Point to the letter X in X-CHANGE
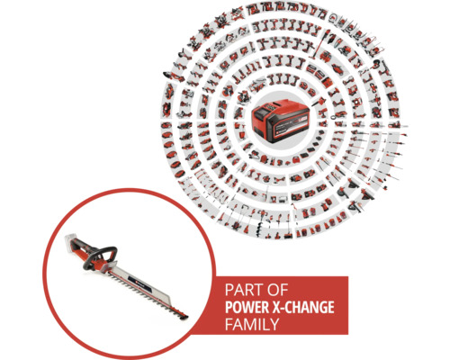click(x=274, y=308)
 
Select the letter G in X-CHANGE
click(x=319, y=308)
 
